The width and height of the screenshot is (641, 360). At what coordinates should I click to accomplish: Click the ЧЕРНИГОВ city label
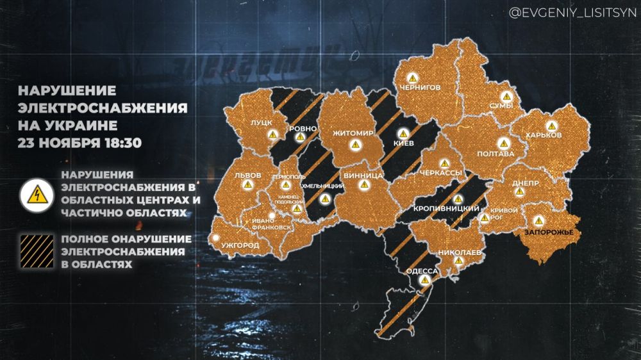coord(420,87)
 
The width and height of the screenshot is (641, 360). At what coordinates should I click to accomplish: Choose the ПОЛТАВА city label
coord(497,154)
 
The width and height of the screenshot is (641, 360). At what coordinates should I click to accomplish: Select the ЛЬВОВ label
coord(247,174)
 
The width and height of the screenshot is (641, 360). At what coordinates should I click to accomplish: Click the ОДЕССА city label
coord(422,272)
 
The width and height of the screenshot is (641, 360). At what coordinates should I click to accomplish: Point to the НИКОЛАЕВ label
coord(460,252)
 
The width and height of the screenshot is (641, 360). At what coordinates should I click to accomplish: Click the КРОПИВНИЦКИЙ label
coord(439,209)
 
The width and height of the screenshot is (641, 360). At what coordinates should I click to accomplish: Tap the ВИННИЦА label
coord(363,175)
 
